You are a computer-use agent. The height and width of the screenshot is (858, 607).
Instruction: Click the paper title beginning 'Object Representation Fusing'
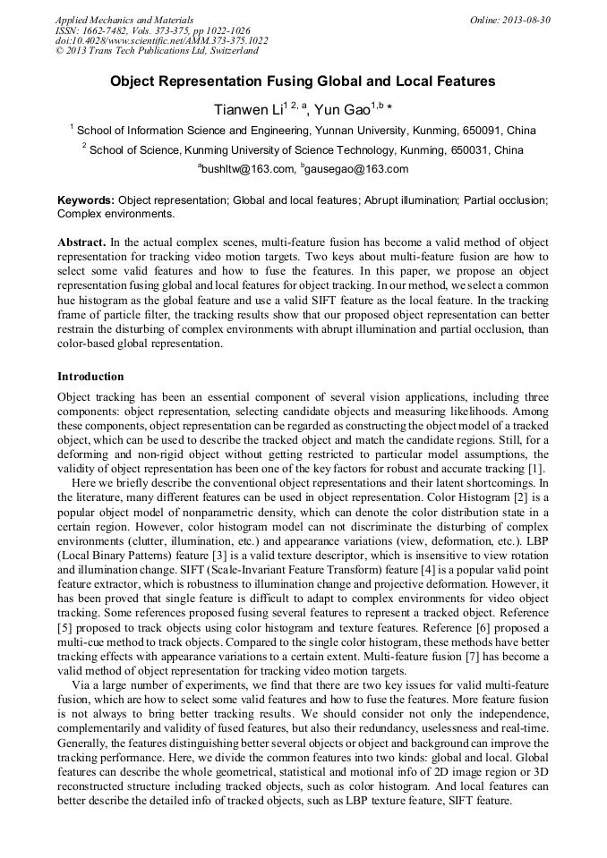[303, 81]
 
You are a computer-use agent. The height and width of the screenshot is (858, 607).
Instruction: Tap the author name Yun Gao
[343, 109]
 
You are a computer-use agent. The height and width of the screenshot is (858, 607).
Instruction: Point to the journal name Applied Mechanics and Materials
[124, 20]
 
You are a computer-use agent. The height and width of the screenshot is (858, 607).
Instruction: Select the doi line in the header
[161, 41]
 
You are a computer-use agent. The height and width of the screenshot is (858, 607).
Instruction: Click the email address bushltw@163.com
[248, 169]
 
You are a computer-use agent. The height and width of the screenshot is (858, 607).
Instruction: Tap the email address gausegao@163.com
[357, 169]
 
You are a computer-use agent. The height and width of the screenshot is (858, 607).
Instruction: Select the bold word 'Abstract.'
[82, 242]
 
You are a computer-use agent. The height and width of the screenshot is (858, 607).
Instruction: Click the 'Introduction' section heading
[90, 377]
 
